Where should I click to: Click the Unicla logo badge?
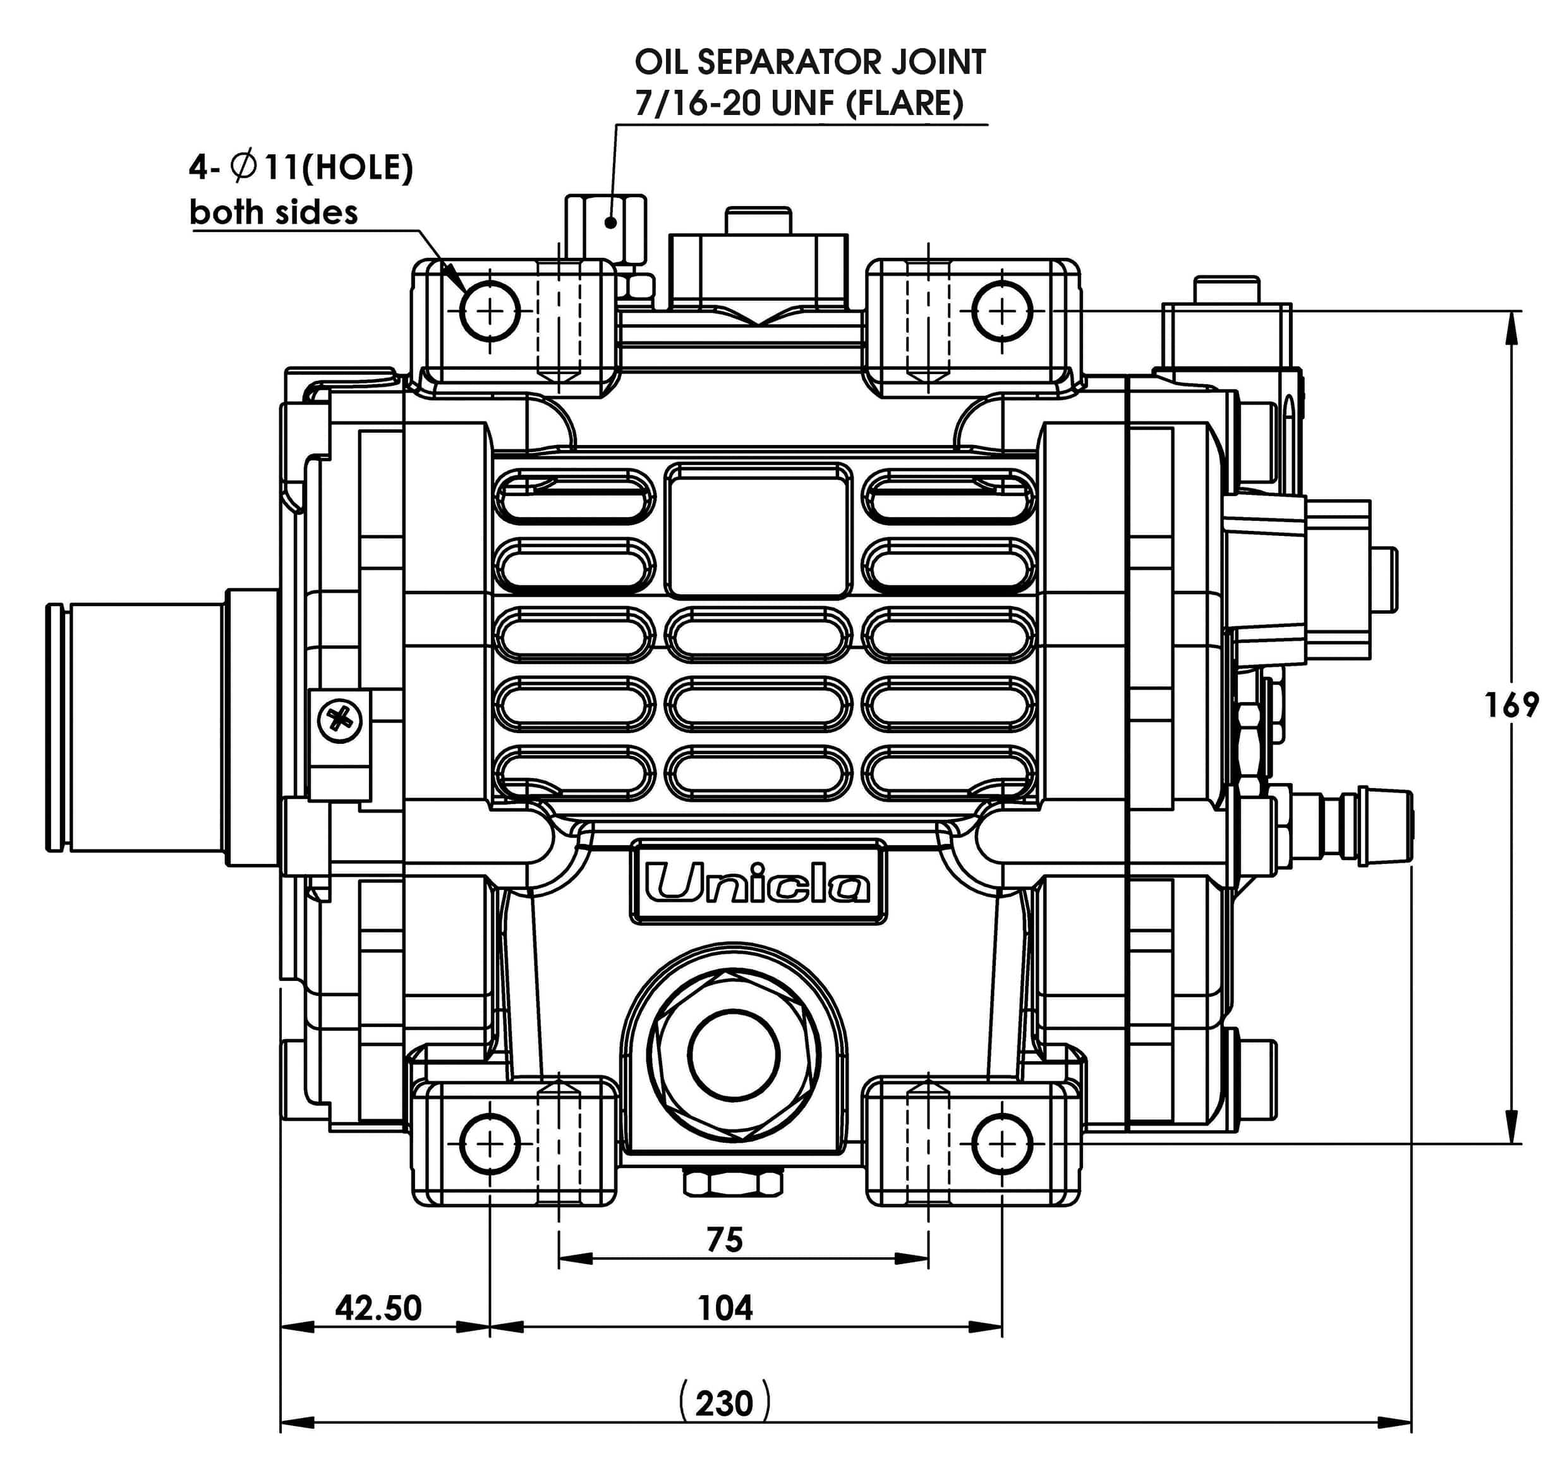tap(758, 883)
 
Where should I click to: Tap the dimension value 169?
tap(1511, 705)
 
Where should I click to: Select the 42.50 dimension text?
tap(378, 1308)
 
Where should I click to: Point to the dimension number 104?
tap(725, 1308)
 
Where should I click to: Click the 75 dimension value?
tap(724, 1240)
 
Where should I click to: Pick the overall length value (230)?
tap(724, 1403)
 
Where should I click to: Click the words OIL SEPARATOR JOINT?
tap(809, 63)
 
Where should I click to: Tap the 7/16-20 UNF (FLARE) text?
tap(799, 103)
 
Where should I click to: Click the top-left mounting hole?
tap(490, 312)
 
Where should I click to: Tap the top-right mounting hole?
tap(1002, 312)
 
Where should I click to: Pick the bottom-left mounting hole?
tap(490, 1143)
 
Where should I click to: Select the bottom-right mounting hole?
tap(1002, 1143)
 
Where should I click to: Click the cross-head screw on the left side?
tap(340, 720)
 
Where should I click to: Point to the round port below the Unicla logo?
tap(733, 1055)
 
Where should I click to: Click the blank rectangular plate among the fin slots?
tap(758, 531)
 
